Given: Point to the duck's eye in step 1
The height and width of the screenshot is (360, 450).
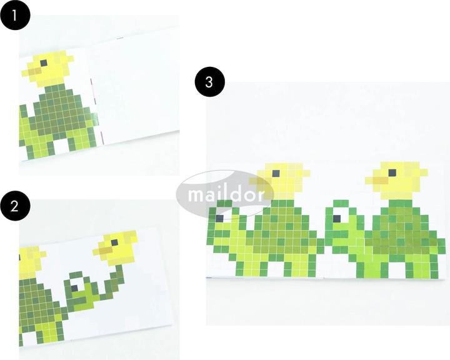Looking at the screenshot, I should [x=44, y=62].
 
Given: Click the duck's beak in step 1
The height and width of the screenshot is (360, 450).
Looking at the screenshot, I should [x=34, y=74].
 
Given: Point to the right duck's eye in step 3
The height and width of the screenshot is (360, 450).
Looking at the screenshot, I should [x=392, y=172].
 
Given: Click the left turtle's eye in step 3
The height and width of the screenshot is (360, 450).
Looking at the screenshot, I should [x=221, y=219].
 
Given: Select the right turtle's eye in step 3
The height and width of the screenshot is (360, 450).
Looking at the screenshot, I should [x=338, y=218].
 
